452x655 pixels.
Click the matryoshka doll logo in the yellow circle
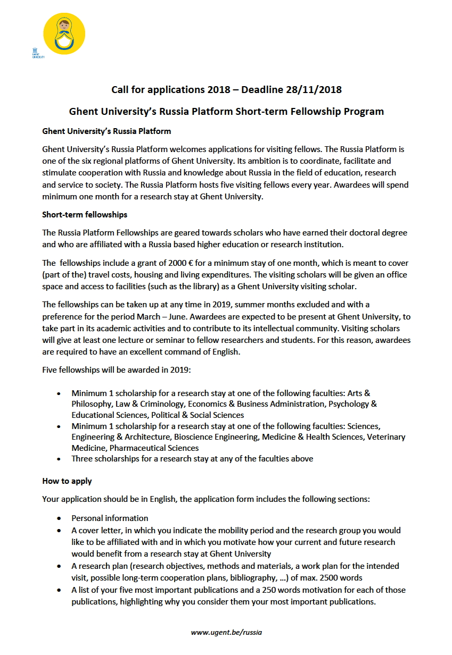point(64,33)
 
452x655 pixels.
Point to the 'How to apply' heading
point(67,481)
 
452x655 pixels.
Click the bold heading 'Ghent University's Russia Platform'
point(106,131)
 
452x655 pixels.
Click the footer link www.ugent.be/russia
point(226,632)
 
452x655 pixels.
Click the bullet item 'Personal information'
point(110,518)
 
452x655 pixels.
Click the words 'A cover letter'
point(98,530)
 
